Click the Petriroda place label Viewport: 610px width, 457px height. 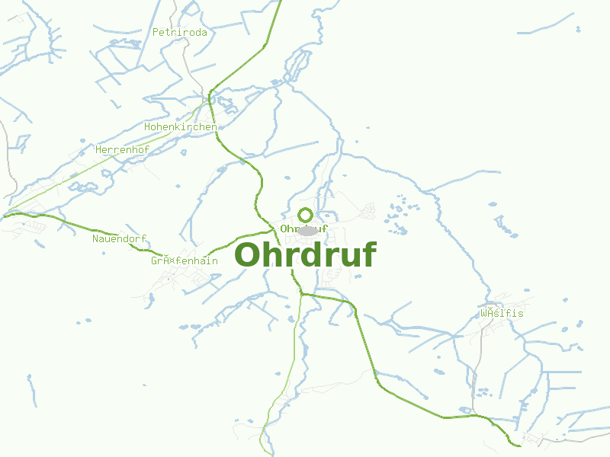point(180,33)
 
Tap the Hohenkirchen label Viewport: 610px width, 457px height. point(180,126)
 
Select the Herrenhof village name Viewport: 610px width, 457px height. point(122,150)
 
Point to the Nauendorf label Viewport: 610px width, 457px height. point(119,239)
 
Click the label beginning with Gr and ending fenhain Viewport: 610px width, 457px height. point(184,260)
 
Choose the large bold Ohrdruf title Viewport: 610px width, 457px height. point(305,254)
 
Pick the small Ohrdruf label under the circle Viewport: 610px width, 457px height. point(303,228)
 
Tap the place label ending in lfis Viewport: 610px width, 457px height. point(502,314)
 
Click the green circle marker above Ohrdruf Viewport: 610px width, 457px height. point(306,215)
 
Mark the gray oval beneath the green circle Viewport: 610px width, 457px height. point(307,231)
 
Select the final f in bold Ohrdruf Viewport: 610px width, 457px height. point(368,254)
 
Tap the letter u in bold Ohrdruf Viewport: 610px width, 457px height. point(348,257)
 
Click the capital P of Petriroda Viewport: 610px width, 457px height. point(156,33)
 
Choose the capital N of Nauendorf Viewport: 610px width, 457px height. point(95,239)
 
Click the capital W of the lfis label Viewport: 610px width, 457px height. point(483,314)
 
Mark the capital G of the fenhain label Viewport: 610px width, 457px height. point(154,260)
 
